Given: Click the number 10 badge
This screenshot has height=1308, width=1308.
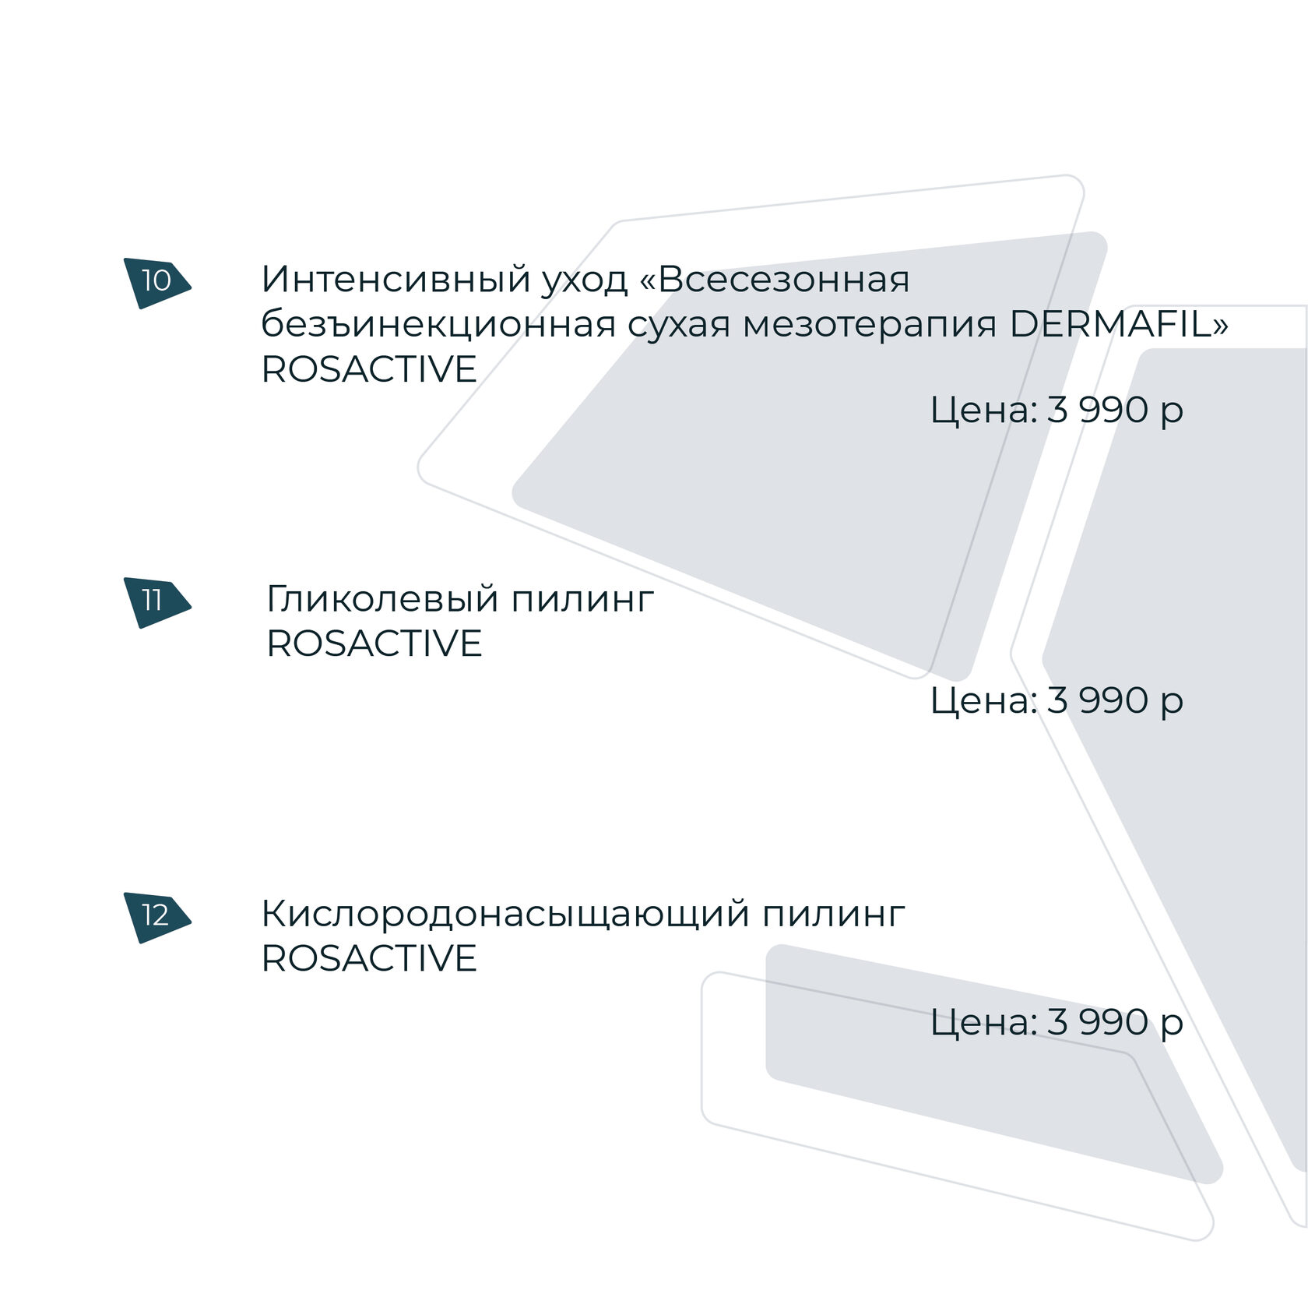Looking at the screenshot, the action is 156,281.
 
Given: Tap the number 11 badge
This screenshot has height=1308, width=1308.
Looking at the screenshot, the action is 153,601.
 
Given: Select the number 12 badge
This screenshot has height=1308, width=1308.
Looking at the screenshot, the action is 156,915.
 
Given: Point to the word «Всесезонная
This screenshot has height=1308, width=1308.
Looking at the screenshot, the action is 774,279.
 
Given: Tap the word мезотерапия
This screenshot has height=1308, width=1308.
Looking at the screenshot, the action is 869,324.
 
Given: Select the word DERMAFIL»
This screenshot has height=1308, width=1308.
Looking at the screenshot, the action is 1118,324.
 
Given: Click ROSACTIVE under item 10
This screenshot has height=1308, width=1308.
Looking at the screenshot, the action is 368,369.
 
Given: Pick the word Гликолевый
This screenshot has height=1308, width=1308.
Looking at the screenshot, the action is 382,599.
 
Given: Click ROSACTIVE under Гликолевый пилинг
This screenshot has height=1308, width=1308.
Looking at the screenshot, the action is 374,643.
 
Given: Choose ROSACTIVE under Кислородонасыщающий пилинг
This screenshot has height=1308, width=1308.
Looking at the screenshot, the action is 368,958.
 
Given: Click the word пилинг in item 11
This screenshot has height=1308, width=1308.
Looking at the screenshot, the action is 582,601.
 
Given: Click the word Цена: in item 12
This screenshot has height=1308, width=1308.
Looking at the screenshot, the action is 983,1022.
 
